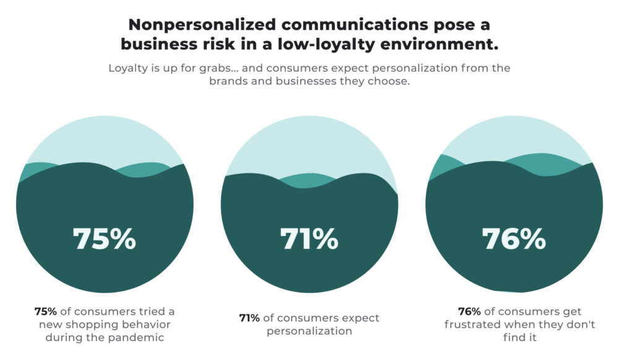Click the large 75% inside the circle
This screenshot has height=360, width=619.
[x=104, y=239]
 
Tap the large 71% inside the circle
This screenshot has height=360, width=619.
[x=309, y=239]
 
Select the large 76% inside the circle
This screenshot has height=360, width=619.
[x=514, y=239]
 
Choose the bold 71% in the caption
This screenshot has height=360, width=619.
[x=249, y=318]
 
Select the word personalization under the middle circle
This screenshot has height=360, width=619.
[x=309, y=331]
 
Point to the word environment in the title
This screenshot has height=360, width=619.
[x=440, y=45]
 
